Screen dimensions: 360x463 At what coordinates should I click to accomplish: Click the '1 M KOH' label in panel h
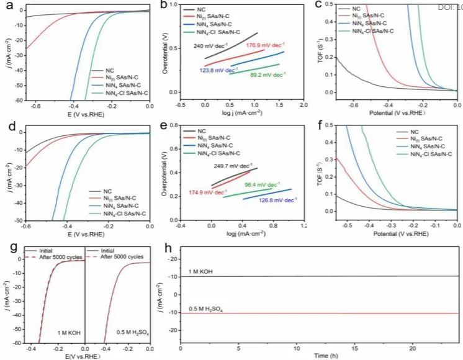click(202, 271)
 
